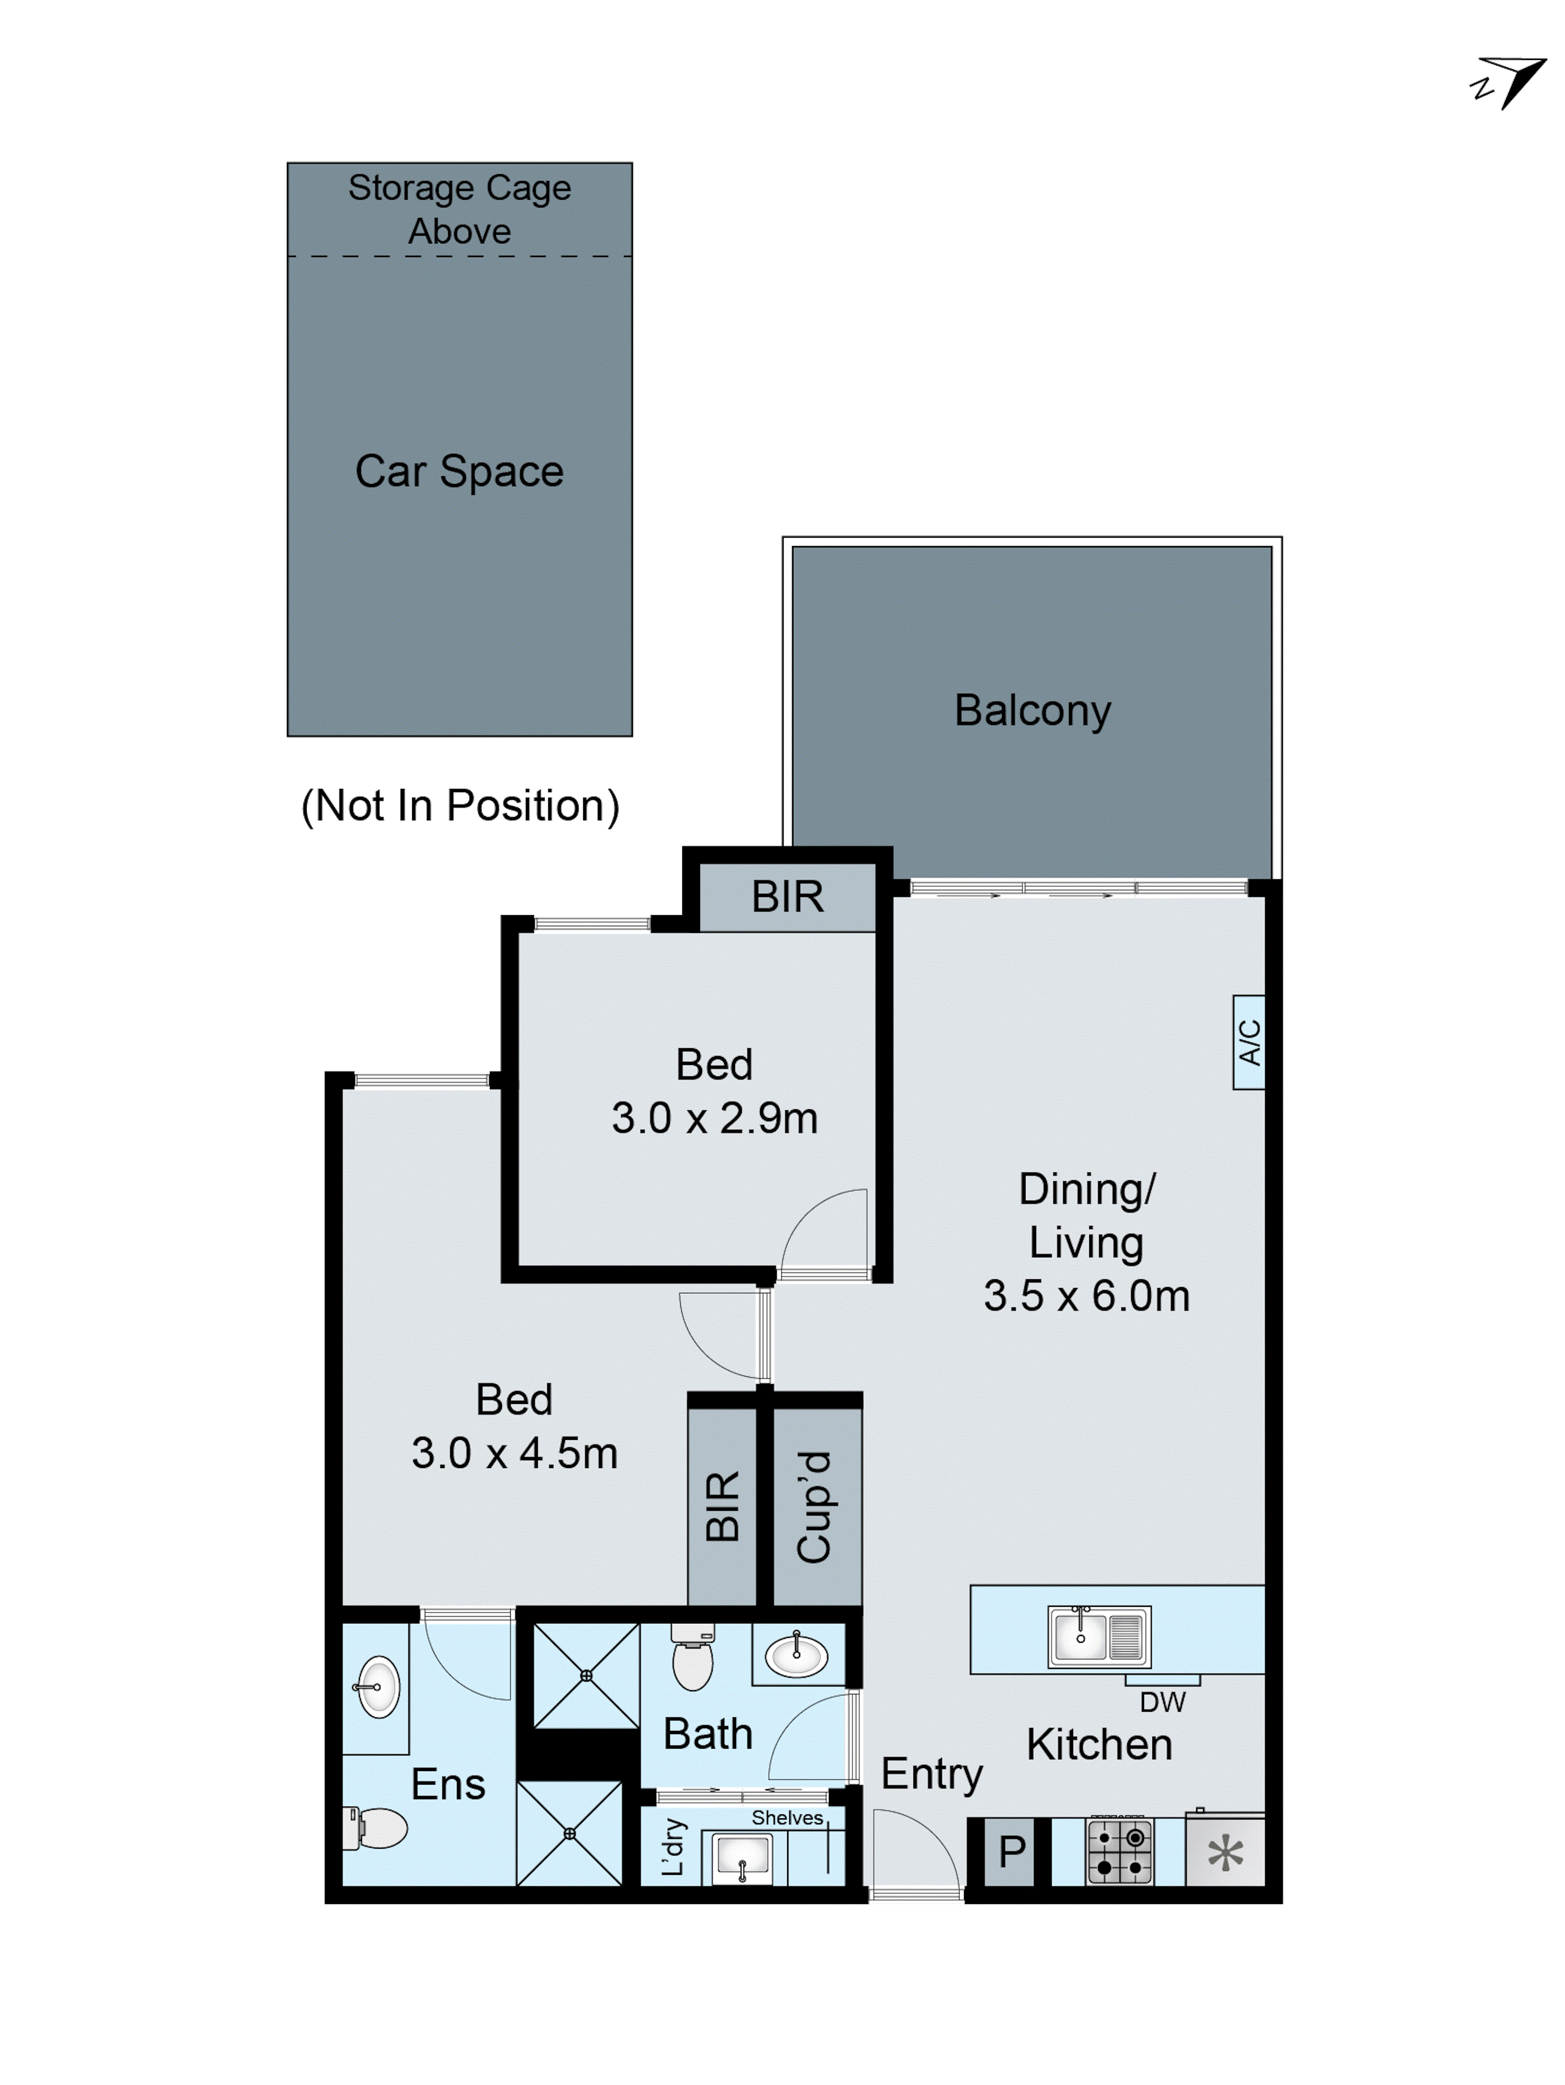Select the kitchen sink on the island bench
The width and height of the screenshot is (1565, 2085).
point(1098,1637)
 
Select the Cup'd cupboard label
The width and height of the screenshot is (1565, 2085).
point(814,1506)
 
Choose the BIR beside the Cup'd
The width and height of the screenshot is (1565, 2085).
point(722,1506)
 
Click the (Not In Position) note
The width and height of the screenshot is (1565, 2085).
point(459,806)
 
